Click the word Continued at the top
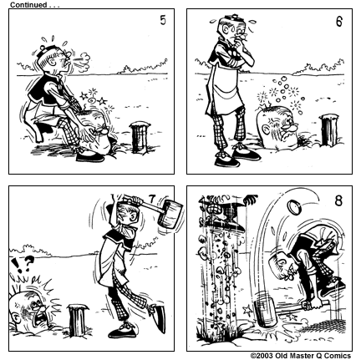[28, 4]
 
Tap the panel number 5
[163, 22]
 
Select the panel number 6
[338, 22]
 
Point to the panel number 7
[152, 198]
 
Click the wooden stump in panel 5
[139, 137]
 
